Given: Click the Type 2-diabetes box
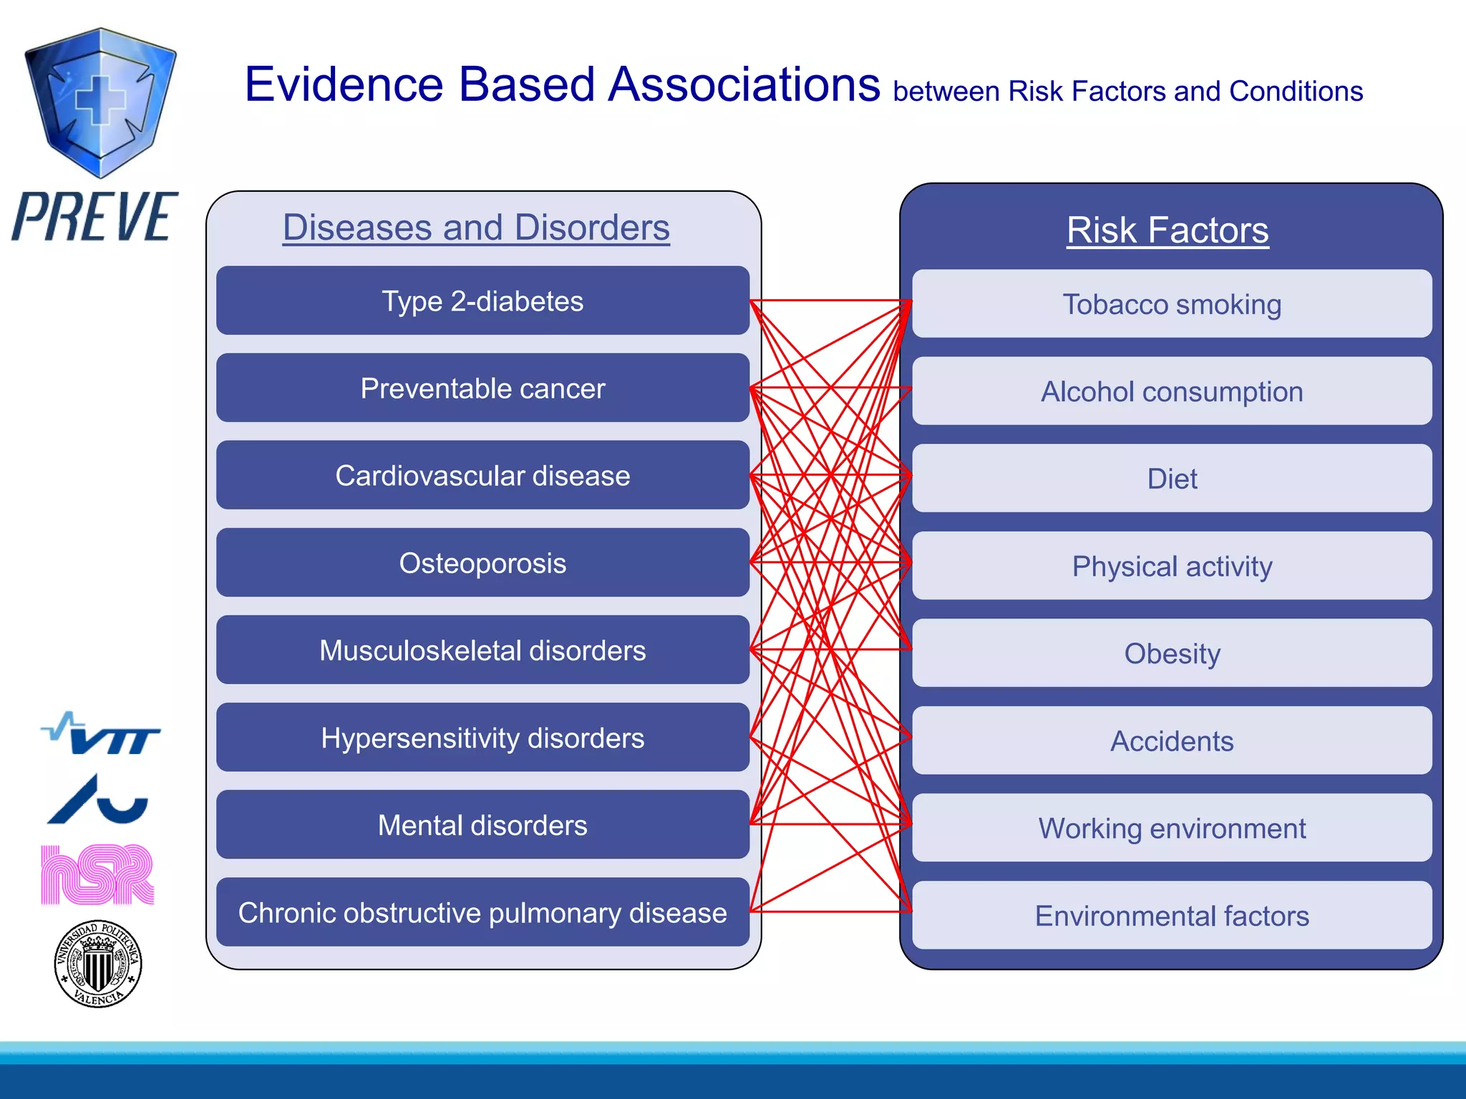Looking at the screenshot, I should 482,301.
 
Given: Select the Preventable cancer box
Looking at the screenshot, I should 482,389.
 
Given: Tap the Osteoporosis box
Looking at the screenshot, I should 482,563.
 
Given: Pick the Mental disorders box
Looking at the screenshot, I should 482,825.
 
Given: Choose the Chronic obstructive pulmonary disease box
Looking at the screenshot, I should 482,912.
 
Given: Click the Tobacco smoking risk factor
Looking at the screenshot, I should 1172,304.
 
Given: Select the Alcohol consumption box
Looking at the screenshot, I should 1172,391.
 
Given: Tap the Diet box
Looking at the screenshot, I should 1172,479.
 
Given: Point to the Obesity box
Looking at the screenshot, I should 1172,653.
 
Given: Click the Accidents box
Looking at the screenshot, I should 1172,741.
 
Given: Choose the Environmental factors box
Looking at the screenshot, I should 1172,915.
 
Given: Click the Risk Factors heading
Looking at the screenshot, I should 1168,230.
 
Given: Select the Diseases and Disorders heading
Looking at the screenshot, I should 476,228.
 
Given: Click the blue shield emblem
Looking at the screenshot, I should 100,102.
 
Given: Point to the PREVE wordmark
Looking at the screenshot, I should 94,217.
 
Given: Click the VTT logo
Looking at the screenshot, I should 101,734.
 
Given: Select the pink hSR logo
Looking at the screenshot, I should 97,874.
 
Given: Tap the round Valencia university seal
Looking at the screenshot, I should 98,964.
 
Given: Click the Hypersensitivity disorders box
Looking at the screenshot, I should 482,738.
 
